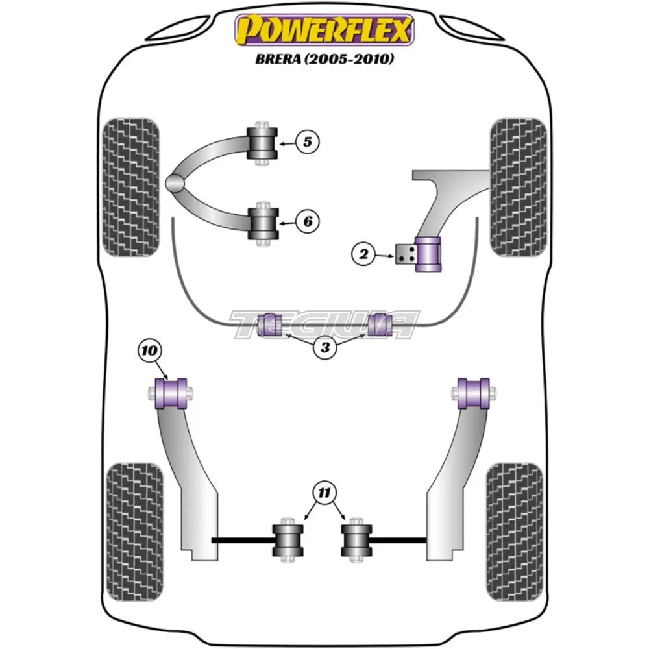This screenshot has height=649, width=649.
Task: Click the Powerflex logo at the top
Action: pos(324,30)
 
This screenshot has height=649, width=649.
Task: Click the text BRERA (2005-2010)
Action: pos(324,59)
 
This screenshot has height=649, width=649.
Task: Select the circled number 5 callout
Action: pos(308,141)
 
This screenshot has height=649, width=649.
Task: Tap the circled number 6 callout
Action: pos(308,222)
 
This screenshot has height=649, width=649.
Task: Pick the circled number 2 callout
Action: pos(363,256)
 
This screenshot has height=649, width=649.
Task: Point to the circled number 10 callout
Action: pos(149,351)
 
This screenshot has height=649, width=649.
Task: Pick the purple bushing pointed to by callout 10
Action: pos(173,393)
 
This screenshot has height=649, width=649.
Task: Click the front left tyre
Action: pos(131,187)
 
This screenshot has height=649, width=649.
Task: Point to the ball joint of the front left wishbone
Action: pos(175,184)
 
